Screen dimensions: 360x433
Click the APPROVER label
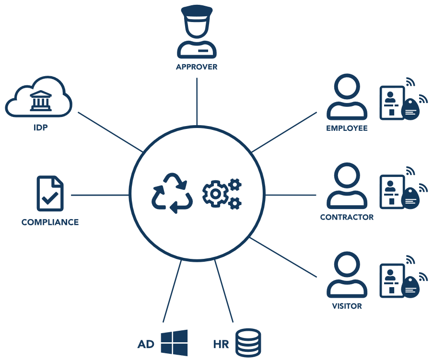(197, 67)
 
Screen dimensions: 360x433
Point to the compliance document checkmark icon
(50, 194)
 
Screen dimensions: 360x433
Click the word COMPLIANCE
(50, 222)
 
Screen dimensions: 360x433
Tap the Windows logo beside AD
(174, 343)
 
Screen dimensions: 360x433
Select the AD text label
(147, 345)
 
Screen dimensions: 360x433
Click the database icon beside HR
(248, 343)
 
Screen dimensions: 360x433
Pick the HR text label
(221, 345)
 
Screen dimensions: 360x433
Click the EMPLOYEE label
(347, 128)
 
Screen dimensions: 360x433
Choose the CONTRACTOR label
(347, 217)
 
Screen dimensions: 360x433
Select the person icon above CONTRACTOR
(347, 187)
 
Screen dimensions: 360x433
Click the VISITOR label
(347, 306)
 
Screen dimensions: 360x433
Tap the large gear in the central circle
(215, 193)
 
